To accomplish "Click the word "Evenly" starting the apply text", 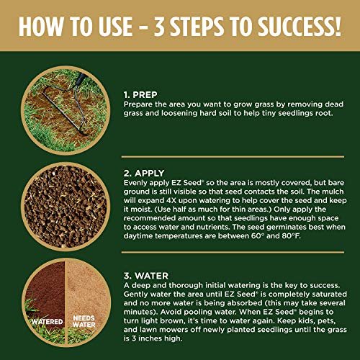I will [x=136, y=184].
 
